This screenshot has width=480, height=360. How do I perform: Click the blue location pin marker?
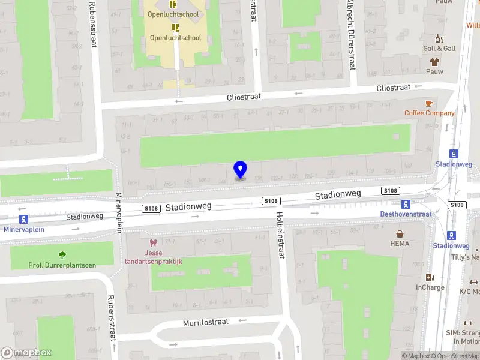[240, 170]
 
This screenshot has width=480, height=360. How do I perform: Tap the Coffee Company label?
[429, 113]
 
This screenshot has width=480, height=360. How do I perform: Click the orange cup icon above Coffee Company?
[429, 103]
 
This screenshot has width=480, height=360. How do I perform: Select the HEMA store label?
[400, 244]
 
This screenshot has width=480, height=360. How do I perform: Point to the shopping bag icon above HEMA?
[400, 233]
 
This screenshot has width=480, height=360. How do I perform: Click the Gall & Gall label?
[439, 49]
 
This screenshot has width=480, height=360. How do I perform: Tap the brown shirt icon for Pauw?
[434, 61]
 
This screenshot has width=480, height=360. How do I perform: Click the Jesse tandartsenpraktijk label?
[153, 257]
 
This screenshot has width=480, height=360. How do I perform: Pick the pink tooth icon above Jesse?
[154, 243]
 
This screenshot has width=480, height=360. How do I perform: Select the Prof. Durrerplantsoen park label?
[62, 265]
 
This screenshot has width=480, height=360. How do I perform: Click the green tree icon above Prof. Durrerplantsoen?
[62, 255]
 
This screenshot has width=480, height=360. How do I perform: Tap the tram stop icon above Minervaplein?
[24, 219]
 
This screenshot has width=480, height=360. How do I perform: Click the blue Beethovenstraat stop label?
[406, 214]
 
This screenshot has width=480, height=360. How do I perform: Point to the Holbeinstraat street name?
[280, 235]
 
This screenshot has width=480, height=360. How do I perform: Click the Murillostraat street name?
[205, 322]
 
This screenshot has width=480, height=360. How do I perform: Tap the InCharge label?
[430, 287]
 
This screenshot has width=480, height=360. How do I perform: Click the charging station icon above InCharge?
[429, 277]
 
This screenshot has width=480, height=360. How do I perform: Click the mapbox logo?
[26, 353]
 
